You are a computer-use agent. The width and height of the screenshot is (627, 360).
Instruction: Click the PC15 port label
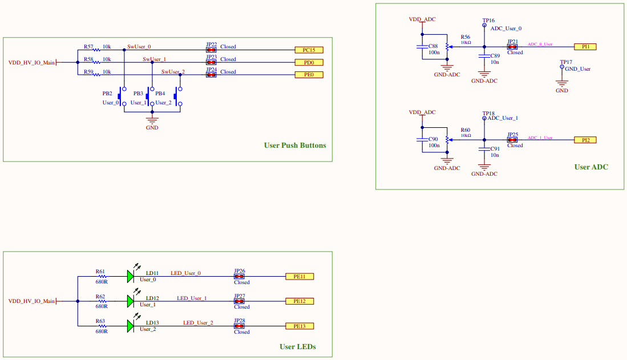tap(309, 50)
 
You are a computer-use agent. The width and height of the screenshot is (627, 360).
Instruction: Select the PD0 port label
tap(309, 62)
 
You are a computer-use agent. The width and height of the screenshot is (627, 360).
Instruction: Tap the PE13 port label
tap(299, 326)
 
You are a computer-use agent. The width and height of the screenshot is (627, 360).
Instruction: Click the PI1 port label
tap(585, 47)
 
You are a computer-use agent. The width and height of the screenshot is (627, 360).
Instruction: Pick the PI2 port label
tap(585, 140)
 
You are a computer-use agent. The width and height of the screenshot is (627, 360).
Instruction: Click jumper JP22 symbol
tap(211, 50)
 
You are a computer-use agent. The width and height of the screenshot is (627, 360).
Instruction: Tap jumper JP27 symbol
tap(240, 301)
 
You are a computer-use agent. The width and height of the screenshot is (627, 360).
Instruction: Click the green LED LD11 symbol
tap(131, 276)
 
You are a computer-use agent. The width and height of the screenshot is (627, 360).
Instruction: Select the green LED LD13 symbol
tap(131, 326)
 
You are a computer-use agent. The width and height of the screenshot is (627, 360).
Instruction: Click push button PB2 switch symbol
tap(122, 96)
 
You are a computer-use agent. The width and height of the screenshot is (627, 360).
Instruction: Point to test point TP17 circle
tap(562, 67)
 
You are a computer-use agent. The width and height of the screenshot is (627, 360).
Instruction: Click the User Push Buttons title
tap(295, 145)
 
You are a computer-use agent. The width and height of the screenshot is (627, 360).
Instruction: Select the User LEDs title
tap(297, 347)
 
